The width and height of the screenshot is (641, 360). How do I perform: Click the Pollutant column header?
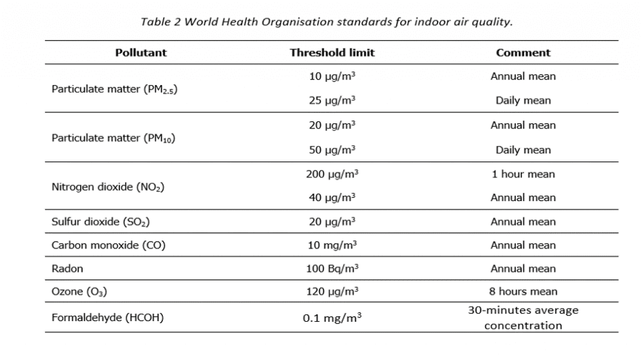click(x=141, y=53)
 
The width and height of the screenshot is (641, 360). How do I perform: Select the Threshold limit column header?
click(x=332, y=53)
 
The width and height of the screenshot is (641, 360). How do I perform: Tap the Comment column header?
click(x=523, y=53)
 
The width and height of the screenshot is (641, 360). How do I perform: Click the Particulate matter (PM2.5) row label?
click(x=114, y=89)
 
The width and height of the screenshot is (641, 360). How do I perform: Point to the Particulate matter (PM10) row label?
click(x=113, y=138)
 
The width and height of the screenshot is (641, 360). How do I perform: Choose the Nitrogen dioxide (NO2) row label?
click(x=108, y=187)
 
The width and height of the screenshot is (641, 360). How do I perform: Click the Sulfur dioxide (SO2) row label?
click(x=100, y=222)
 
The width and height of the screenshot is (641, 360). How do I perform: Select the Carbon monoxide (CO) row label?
click(x=108, y=245)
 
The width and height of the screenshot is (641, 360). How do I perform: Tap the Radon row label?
click(x=67, y=269)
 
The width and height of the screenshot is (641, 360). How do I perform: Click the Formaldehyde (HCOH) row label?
click(x=107, y=317)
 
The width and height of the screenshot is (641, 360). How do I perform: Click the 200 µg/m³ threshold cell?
click(x=332, y=174)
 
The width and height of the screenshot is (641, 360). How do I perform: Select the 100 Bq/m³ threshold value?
click(x=332, y=269)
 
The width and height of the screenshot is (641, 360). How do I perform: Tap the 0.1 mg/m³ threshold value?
click(x=332, y=317)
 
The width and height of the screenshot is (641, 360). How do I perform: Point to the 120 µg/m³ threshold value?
click(x=332, y=292)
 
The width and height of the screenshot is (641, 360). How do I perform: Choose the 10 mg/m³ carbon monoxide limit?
click(x=332, y=245)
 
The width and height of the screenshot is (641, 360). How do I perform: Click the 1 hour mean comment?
click(x=523, y=174)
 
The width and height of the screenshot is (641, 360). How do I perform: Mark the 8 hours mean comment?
click(x=523, y=292)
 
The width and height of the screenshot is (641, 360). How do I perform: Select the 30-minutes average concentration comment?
click(x=523, y=317)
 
